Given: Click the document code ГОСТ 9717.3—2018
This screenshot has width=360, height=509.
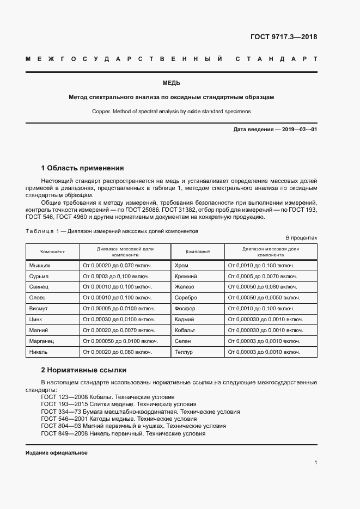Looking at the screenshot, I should tap(283, 37).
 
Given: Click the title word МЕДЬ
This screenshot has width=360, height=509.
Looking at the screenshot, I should tap(171, 83).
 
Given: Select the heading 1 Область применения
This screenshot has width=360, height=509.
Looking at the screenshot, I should tap(82, 168).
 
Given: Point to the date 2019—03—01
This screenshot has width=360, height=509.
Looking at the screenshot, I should tap(298, 130).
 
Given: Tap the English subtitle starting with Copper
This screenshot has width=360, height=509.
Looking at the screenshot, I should tap(171, 111).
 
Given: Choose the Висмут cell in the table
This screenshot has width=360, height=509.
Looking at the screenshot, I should tap(39, 308).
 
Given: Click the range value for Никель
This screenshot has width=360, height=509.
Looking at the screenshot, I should tap(117, 352).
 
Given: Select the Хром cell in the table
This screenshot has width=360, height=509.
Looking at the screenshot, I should tap(181, 265).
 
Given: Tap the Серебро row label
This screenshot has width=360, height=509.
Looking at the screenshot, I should tap(186, 298).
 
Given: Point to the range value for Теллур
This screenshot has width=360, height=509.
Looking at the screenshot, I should tap(264, 352).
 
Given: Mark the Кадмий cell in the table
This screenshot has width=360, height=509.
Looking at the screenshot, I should tap(184, 319).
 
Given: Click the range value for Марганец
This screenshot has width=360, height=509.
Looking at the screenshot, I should tap(120, 341).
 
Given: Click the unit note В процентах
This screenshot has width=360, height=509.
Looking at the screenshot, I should tap(301, 238).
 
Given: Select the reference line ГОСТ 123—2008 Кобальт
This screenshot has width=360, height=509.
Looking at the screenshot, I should tap(107, 397).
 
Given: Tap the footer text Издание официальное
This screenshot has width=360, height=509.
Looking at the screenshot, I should tap(57, 453).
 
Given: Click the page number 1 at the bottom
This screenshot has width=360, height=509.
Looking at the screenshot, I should tap(315, 463).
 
